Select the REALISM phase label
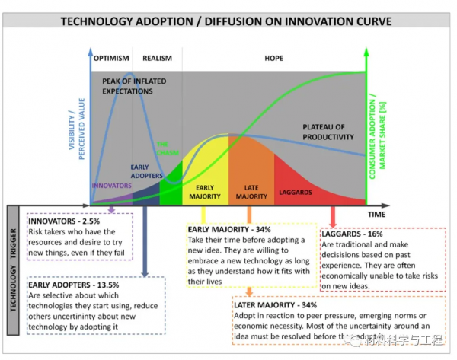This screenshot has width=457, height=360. (x=158, y=58)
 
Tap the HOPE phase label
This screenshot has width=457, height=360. (x=273, y=58)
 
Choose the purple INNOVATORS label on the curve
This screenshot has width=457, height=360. (x=111, y=185)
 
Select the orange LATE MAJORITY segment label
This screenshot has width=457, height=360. (x=251, y=191)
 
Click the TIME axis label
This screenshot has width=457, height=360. (x=376, y=215)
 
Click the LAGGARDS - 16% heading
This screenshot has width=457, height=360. (x=353, y=233)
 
